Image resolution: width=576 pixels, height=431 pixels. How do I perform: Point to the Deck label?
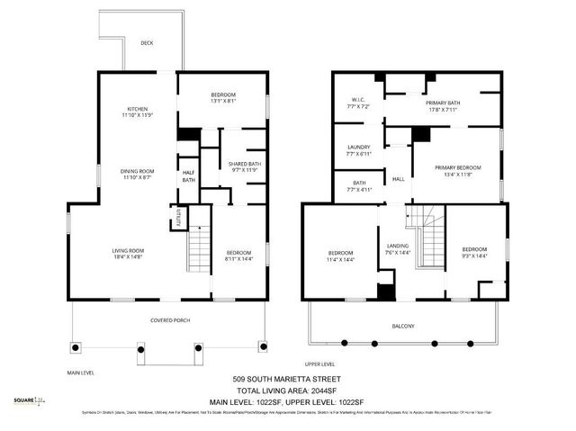coord(147,43)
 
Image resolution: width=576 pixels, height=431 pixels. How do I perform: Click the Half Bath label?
coord(189,176)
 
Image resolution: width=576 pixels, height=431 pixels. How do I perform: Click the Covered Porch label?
coord(168,320)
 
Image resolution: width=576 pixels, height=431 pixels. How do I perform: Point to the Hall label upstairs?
coord(398,179)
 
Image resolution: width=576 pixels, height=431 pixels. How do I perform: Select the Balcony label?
coord(403,326)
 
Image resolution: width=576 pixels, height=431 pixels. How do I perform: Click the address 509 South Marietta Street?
coord(287,380)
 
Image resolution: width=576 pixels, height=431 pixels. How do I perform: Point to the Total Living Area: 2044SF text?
coord(287,391)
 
